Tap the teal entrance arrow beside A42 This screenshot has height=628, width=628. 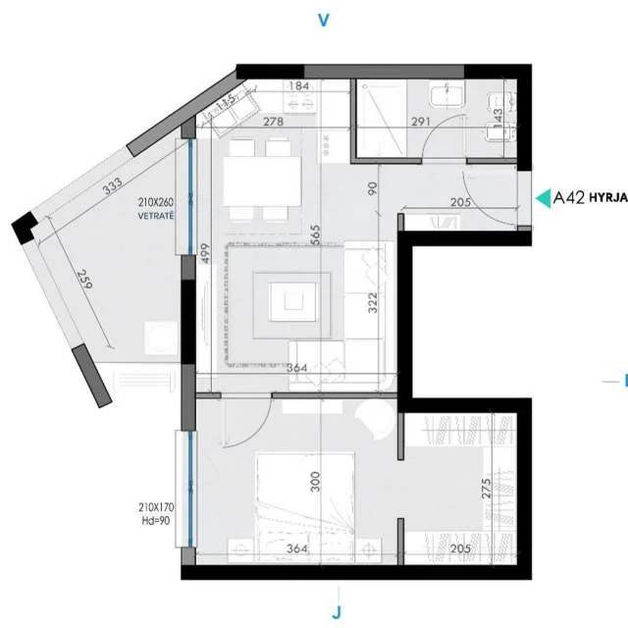click(542, 198)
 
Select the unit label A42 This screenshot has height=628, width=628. click(569, 198)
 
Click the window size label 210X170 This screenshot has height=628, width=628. click(156, 507)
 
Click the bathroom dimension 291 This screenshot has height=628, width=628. click(394, 124)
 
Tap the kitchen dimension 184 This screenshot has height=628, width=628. click(301, 87)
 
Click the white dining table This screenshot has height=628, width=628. click(262, 181)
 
